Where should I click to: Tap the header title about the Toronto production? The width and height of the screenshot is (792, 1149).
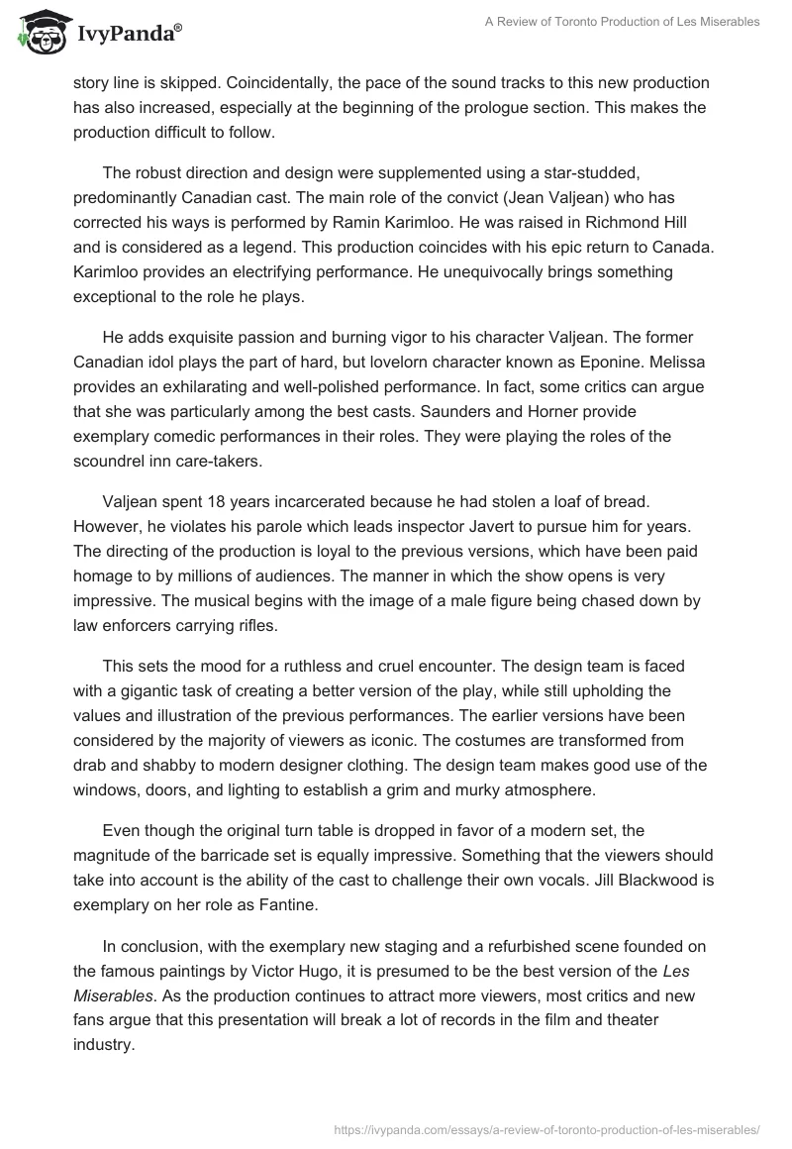coord(623,22)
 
